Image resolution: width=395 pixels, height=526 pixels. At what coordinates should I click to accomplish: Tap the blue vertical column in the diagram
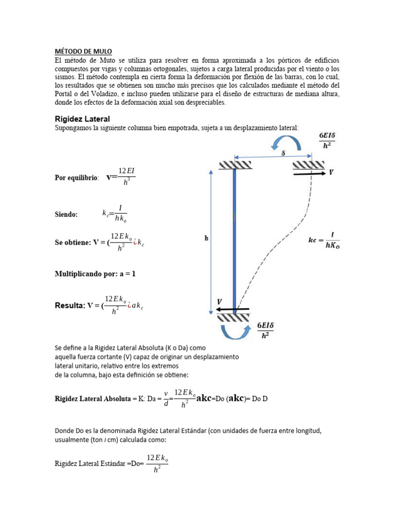tap(235, 236)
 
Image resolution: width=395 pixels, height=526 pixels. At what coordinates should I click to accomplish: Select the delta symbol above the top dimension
tap(283, 153)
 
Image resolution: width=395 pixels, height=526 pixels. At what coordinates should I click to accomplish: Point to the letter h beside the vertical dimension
tap(206, 238)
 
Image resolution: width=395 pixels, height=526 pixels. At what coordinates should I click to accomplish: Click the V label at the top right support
tap(332, 173)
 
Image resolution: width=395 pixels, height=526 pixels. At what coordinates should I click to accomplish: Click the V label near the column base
tap(220, 302)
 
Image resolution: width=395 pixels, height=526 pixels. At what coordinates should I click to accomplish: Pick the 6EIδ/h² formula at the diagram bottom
tap(265, 330)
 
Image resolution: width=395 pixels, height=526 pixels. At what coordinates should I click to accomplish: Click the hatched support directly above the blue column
tap(235, 165)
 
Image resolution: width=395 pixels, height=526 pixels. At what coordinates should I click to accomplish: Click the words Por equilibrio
tap(77, 178)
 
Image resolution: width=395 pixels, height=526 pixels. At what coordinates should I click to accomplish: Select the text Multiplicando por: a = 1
tap(95, 274)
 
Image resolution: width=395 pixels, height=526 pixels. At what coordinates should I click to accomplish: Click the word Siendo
tap(66, 215)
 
